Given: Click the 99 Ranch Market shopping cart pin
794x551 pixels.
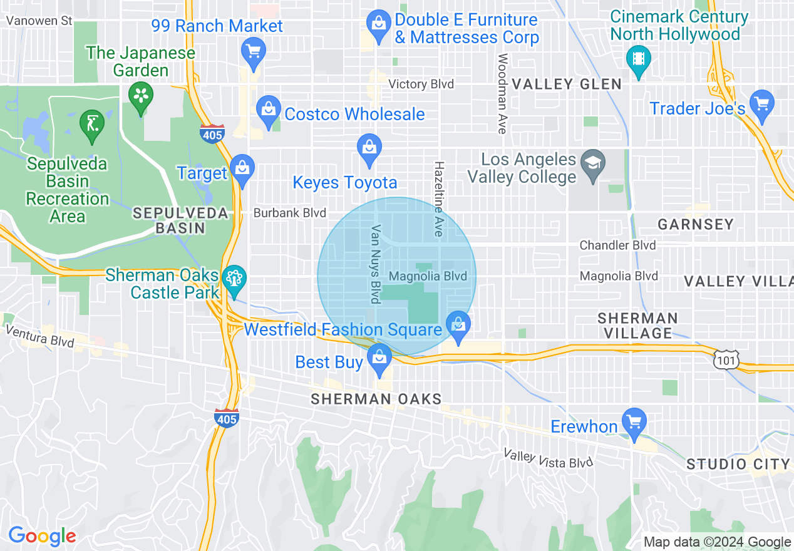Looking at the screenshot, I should pyautogui.click(x=254, y=51).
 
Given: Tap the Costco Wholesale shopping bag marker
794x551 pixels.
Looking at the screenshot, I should pyautogui.click(x=269, y=111).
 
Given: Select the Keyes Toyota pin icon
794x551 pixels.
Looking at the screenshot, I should pyautogui.click(x=369, y=149).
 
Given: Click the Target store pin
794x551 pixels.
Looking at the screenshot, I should pyautogui.click(x=242, y=169).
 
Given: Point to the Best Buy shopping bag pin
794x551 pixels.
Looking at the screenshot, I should pyautogui.click(x=379, y=358).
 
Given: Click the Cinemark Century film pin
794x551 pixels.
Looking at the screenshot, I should pyautogui.click(x=638, y=59).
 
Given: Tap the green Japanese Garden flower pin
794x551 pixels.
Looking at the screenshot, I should pyautogui.click(x=141, y=97).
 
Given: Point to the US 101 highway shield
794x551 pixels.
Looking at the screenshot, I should pyautogui.click(x=726, y=359).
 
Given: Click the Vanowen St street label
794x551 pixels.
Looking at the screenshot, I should pyautogui.click(x=39, y=21).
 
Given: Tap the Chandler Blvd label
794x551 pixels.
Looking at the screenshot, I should pyautogui.click(x=617, y=245).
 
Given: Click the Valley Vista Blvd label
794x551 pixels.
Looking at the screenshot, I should pyautogui.click(x=549, y=459).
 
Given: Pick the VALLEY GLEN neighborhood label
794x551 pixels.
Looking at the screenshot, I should pyautogui.click(x=567, y=84).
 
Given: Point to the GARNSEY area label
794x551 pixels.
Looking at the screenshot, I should pyautogui.click(x=696, y=224).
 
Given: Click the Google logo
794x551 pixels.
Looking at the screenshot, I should pyautogui.click(x=42, y=536).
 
